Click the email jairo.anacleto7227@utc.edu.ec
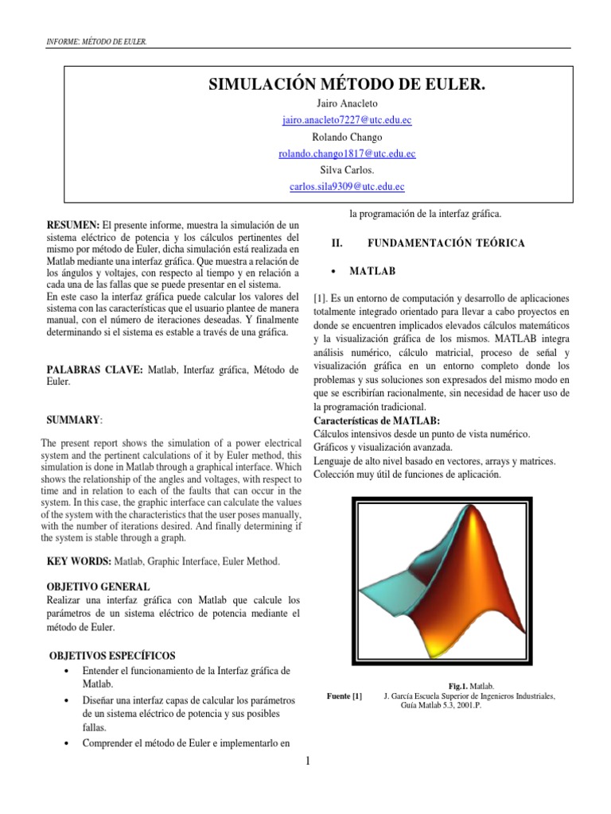click(346, 120)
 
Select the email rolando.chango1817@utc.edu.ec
click(346, 153)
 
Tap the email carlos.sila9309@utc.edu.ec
click(346, 187)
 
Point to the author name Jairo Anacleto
click(346, 103)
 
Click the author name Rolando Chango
click(346, 137)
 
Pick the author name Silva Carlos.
click(346, 170)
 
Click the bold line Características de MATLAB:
click(377, 421)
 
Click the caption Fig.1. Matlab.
click(471, 685)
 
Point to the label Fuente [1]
click(344, 696)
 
